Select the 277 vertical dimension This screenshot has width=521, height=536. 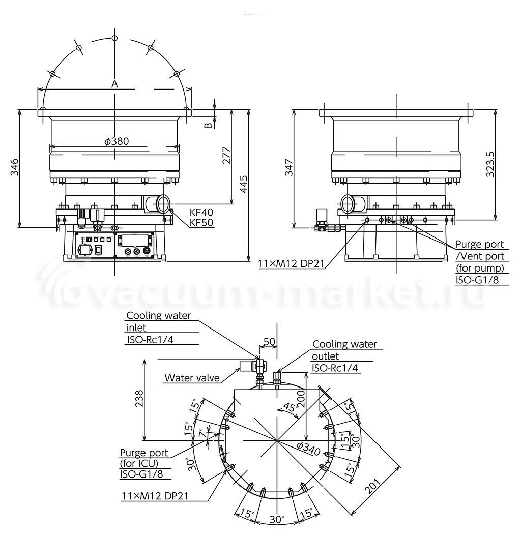click(x=226, y=156)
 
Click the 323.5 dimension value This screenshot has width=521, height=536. click(x=490, y=164)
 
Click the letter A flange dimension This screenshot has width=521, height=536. click(x=115, y=84)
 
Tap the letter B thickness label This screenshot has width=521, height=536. click(x=208, y=125)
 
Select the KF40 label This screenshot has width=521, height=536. click(x=201, y=212)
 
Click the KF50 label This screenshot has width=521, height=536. click(x=201, y=222)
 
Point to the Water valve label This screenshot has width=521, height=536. click(x=192, y=378)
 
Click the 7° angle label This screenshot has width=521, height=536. click(x=202, y=434)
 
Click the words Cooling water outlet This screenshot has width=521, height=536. click(x=344, y=350)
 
